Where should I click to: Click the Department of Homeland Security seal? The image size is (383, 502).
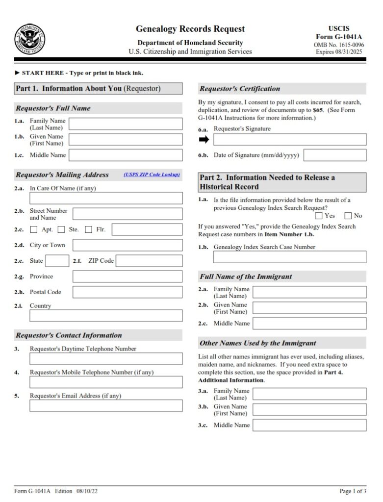point(29,39)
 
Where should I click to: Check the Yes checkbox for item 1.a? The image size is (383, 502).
point(319,216)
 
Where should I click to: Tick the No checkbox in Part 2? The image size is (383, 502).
point(348,216)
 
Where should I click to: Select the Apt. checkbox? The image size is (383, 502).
point(34,229)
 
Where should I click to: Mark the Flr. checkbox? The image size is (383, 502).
point(88,229)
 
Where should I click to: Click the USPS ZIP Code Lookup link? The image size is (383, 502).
point(152,175)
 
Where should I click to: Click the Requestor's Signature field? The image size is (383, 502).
point(289,139)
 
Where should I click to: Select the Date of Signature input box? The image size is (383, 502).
point(335,155)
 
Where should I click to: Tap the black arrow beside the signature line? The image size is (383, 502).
point(204,139)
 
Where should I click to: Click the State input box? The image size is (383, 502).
point(57,261)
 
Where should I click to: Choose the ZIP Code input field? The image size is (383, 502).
point(149,261)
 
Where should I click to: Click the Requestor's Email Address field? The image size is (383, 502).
point(106,406)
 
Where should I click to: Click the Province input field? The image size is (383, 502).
point(128,276)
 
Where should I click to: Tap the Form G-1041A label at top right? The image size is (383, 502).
point(339,37)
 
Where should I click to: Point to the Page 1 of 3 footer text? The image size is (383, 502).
point(353,491)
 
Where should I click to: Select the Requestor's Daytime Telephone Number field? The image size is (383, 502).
point(106,359)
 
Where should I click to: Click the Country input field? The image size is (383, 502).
point(106,316)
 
